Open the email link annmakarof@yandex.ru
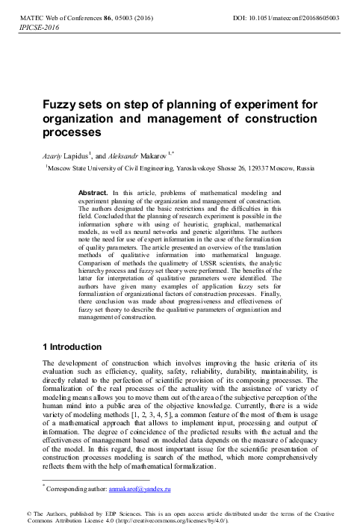pos(140,489)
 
